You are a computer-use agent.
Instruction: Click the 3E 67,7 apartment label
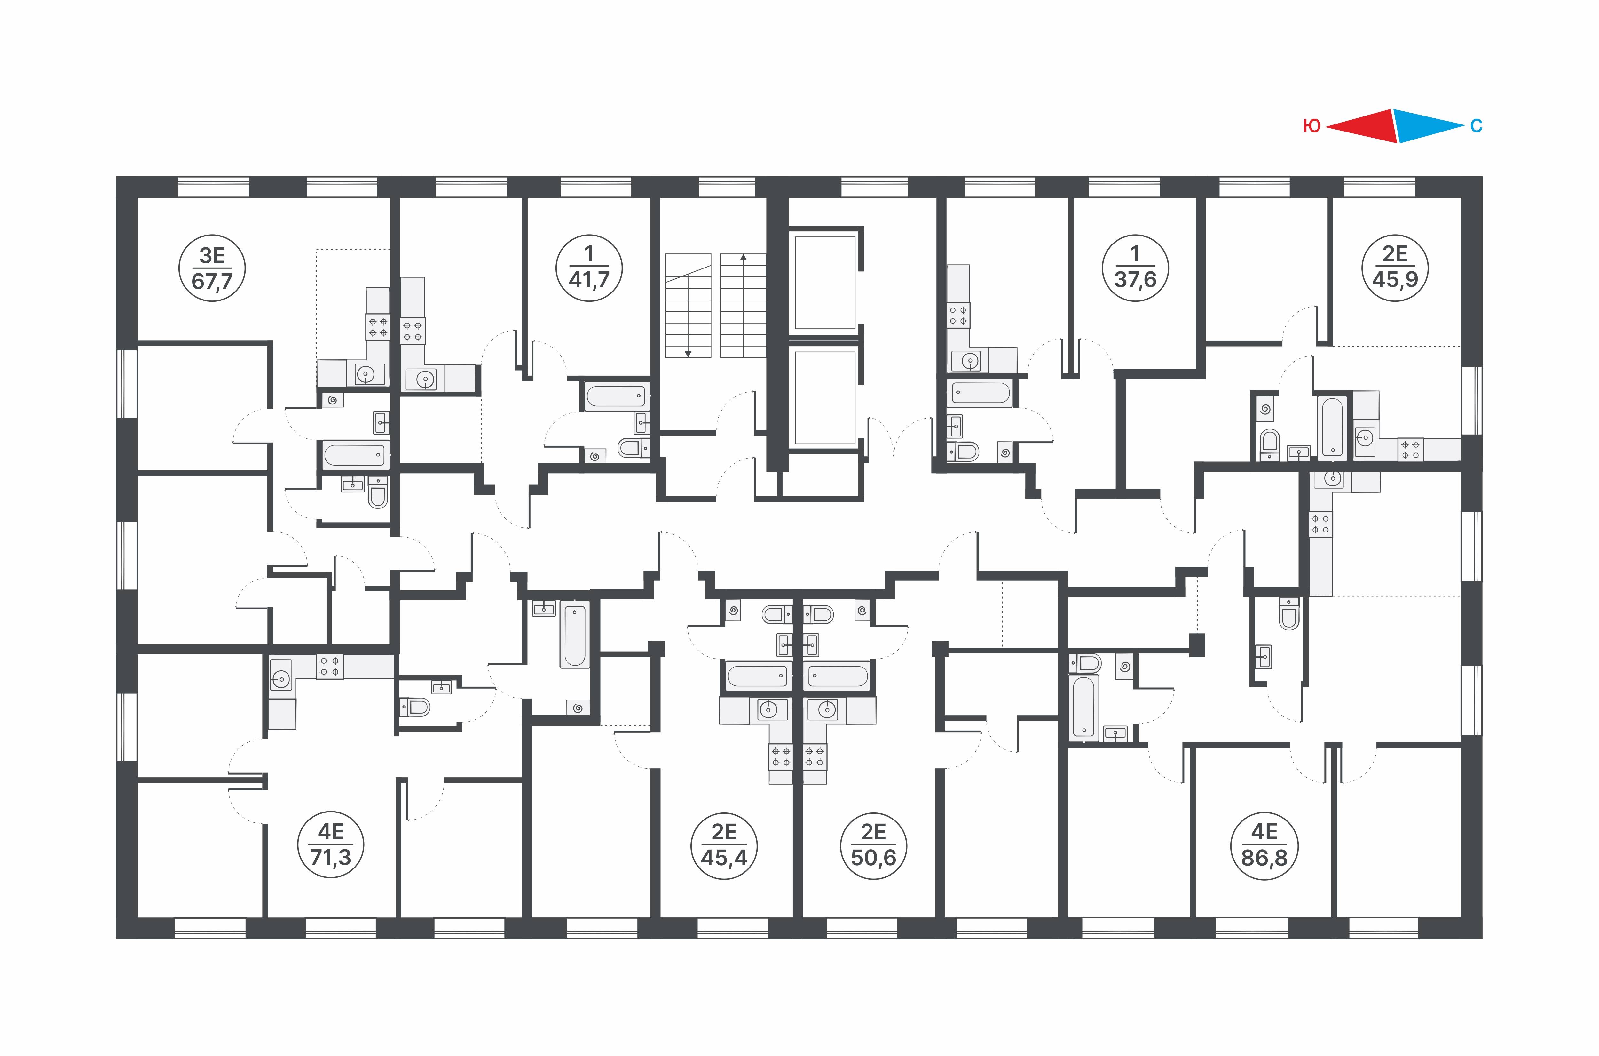(212, 268)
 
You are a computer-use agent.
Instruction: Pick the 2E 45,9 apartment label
(1395, 268)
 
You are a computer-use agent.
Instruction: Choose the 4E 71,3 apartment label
(330, 845)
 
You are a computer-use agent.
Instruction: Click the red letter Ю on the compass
(1311, 126)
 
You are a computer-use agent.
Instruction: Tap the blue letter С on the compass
(1476, 126)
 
